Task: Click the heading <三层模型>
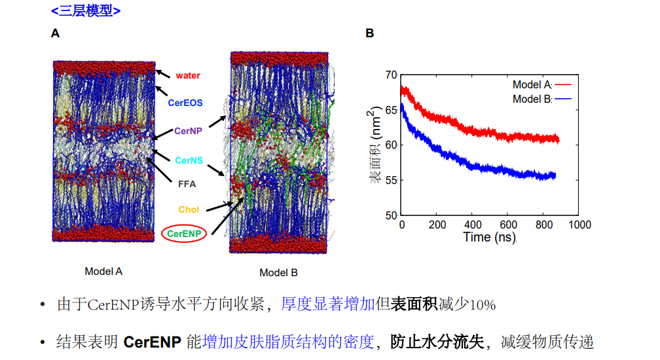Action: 86,10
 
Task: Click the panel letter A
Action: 55,33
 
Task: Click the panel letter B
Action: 370,33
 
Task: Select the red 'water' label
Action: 187,76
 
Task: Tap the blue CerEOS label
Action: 185,103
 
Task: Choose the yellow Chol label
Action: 189,210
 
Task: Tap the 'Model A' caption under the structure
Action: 103,271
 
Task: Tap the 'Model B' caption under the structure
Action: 278,272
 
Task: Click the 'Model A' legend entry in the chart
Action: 532,85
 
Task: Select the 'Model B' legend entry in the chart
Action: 532,99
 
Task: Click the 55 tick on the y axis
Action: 391,180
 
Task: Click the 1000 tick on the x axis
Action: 578,225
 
